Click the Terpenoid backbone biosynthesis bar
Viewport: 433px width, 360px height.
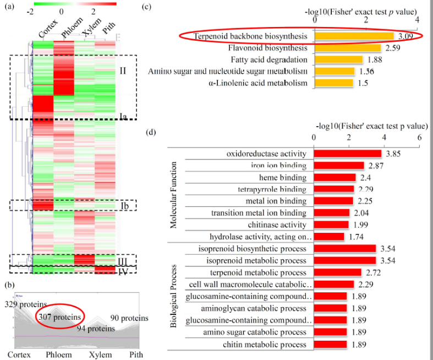354,36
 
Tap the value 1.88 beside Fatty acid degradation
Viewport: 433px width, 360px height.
375,60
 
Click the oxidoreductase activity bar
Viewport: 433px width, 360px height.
347,154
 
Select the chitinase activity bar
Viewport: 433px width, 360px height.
331,225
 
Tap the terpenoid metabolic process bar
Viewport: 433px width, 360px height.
337,272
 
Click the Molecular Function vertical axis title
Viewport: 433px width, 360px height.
174,195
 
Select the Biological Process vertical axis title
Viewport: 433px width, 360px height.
174,296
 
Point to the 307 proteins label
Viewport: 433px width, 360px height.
59,318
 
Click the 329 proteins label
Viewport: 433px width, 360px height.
24,304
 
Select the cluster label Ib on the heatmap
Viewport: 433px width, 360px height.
124,205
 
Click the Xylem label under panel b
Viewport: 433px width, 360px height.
102,354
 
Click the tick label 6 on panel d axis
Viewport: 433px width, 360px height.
419,137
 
